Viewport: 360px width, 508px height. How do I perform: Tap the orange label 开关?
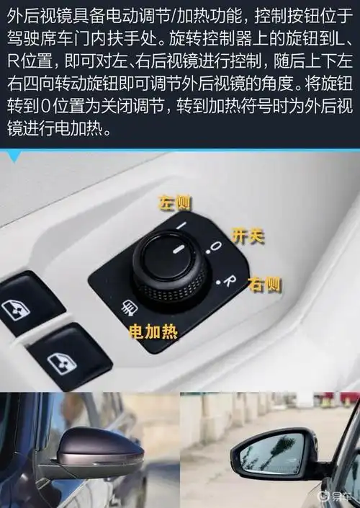tap(244, 234)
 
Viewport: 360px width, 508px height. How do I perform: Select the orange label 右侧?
tap(264, 284)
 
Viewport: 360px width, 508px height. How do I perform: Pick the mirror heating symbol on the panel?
tap(130, 308)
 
